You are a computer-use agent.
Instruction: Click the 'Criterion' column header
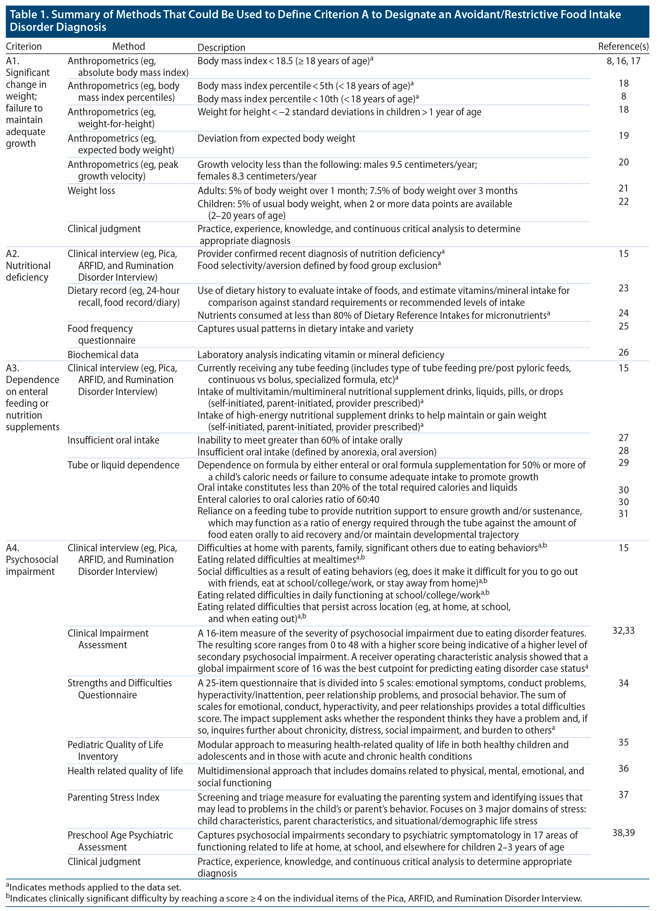click(x=24, y=47)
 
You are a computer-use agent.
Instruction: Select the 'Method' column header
click(x=128, y=47)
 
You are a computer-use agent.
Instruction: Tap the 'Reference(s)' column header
click(x=623, y=47)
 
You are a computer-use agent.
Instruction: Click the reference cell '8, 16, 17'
click(x=623, y=61)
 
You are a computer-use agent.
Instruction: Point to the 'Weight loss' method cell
click(x=91, y=191)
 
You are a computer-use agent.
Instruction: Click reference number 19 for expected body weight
click(x=623, y=136)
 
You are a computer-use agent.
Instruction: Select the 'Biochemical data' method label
click(x=103, y=355)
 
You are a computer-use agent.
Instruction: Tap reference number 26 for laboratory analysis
click(x=623, y=352)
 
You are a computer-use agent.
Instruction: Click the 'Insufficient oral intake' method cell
click(x=113, y=440)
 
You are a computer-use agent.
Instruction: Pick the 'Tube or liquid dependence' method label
click(x=123, y=465)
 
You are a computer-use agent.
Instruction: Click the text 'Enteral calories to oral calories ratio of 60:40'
click(x=288, y=499)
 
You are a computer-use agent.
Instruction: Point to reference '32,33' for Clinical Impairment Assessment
click(x=623, y=631)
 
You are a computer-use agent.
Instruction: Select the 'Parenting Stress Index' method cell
click(x=113, y=797)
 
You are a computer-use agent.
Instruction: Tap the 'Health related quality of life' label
click(x=125, y=771)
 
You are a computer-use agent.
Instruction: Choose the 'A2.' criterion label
click(x=13, y=254)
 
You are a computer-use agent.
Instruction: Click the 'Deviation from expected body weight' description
click(x=276, y=139)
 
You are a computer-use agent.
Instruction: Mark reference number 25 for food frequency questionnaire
click(x=623, y=326)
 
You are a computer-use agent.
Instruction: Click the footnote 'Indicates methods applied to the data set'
click(x=95, y=887)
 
